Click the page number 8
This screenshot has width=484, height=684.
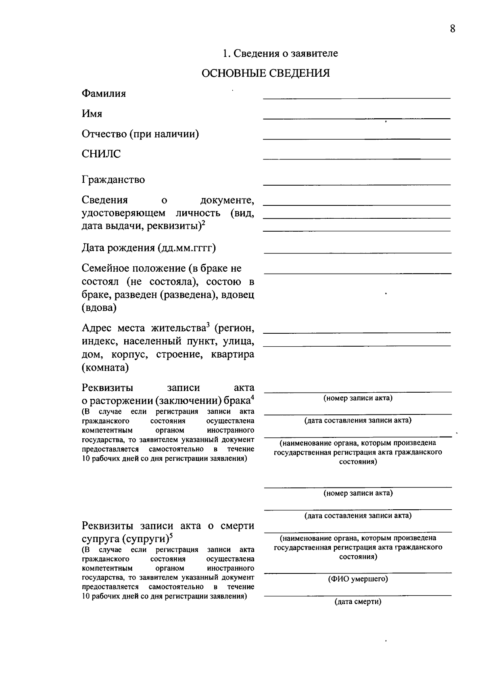pyautogui.click(x=452, y=29)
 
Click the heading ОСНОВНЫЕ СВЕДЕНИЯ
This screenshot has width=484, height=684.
pyautogui.click(x=265, y=73)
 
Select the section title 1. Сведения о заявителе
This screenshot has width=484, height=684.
pyautogui.click(x=280, y=53)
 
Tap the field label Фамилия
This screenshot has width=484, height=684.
pyautogui.click(x=104, y=94)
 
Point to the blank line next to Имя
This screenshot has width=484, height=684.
pyautogui.click(x=357, y=118)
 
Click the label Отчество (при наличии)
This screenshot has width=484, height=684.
pyautogui.click(x=140, y=134)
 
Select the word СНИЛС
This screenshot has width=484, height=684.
pyautogui.click(x=101, y=154)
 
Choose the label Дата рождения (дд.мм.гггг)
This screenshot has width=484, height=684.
pyautogui.click(x=148, y=247)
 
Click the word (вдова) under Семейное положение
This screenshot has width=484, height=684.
pyautogui.click(x=99, y=308)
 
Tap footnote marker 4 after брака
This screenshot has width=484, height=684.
pyautogui.click(x=252, y=397)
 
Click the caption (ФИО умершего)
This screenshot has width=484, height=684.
pyautogui.click(x=358, y=579)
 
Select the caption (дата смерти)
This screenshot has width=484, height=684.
pyautogui.click(x=358, y=602)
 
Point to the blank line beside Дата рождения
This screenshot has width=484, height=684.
pyautogui.click(x=357, y=253)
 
